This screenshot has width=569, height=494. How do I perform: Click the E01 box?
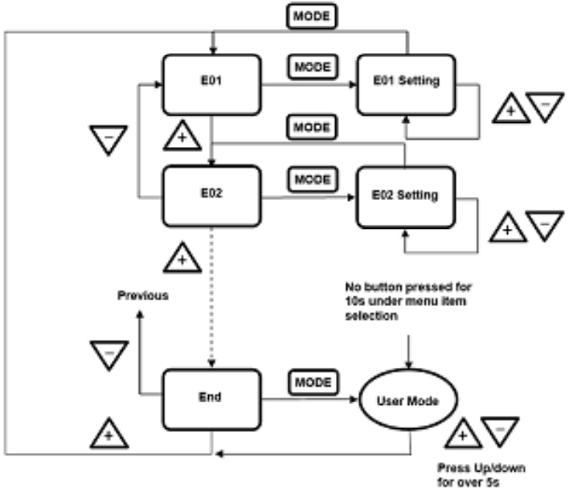[x=211, y=84]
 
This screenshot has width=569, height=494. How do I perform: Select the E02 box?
[x=211, y=194]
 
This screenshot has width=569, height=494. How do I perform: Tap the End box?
[x=211, y=395]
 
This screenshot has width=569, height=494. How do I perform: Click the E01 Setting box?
[x=405, y=84]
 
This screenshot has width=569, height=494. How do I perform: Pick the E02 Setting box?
[x=405, y=195]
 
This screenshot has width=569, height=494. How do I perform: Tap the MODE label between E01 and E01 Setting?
[x=310, y=67]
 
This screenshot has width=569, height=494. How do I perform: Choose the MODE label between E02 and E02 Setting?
[x=310, y=179]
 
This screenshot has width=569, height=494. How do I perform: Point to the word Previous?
[x=141, y=295]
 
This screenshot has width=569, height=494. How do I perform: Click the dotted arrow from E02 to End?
[x=211, y=297]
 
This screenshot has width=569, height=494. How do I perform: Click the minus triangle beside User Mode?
[x=497, y=431]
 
